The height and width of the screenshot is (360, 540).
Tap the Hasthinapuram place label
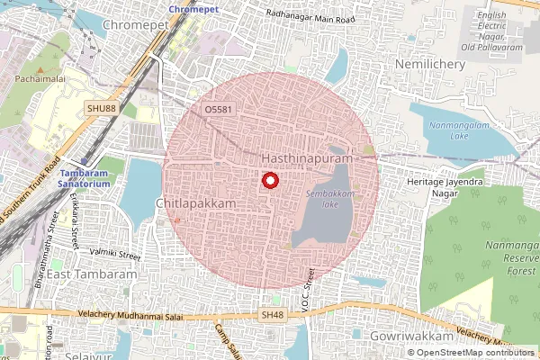click(x=305, y=157)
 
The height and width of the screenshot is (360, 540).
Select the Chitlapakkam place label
click(x=195, y=204)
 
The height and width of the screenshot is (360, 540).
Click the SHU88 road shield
click(x=102, y=108)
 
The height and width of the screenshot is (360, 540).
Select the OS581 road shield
click(x=219, y=109)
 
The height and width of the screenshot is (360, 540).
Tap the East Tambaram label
click(x=94, y=274)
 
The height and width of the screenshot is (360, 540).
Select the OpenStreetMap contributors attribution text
click(x=474, y=352)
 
